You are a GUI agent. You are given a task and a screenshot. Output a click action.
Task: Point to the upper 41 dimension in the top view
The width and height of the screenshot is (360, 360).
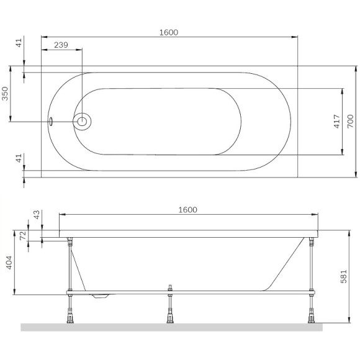tap(19, 44)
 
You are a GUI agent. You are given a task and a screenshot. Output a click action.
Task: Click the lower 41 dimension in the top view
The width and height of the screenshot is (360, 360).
tap(19, 160)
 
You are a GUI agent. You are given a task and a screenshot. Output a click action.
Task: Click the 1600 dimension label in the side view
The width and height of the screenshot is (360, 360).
tap(187, 210)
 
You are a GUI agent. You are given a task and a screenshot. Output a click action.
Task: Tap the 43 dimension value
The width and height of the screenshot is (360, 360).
tap(36, 215)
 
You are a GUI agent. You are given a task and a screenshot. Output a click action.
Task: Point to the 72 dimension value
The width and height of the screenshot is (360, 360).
tap(23, 236)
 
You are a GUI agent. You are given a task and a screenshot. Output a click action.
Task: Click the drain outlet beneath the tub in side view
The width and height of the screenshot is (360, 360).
tap(101, 296)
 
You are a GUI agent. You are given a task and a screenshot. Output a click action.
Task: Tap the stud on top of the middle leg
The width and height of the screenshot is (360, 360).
tap(168, 287)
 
